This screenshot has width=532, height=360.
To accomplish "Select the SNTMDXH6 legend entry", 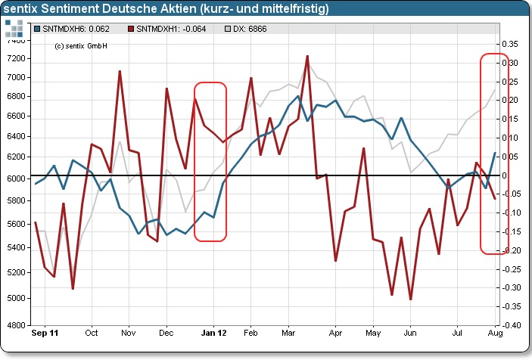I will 74,29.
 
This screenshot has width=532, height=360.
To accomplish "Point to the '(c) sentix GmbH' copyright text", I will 81,45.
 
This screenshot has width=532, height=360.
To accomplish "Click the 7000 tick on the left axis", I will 16,77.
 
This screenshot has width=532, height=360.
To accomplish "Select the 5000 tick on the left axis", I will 16,298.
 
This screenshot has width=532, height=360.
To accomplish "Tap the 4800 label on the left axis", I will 16,325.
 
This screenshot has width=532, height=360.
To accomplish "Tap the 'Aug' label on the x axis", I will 495,333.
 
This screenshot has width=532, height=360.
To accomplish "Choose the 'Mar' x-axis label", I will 288,333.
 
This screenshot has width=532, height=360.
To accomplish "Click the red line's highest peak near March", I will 307,56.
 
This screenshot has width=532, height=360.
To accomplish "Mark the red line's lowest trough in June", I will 410,299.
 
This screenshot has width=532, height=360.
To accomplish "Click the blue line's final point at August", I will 496,154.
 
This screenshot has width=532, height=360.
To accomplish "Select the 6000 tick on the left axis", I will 16,178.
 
